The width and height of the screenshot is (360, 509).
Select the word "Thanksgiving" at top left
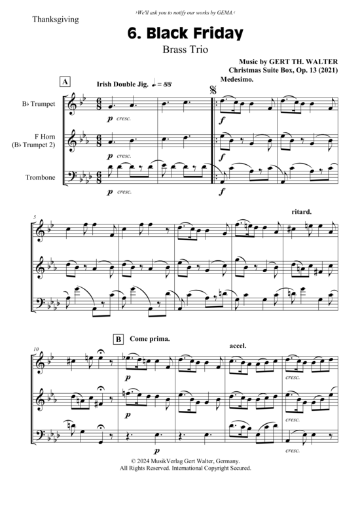tap(56, 20)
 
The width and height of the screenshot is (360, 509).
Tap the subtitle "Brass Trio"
tap(185, 50)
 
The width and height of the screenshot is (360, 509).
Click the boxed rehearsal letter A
tap(65, 82)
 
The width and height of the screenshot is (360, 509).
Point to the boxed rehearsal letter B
tap(118, 340)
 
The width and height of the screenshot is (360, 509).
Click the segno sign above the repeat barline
tap(213, 90)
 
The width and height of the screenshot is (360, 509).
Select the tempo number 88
tap(168, 84)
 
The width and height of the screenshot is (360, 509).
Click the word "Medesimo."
tap(236, 80)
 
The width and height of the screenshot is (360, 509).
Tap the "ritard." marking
tap(302, 212)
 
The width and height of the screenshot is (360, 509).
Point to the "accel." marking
tap(238, 346)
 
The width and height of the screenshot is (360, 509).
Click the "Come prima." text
tap(150, 339)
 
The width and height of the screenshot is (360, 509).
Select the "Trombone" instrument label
tap(41, 177)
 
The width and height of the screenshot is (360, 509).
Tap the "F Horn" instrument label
tap(45, 137)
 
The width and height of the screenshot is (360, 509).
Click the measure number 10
tap(36, 349)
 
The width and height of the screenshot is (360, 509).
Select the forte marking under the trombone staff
tap(222, 192)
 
